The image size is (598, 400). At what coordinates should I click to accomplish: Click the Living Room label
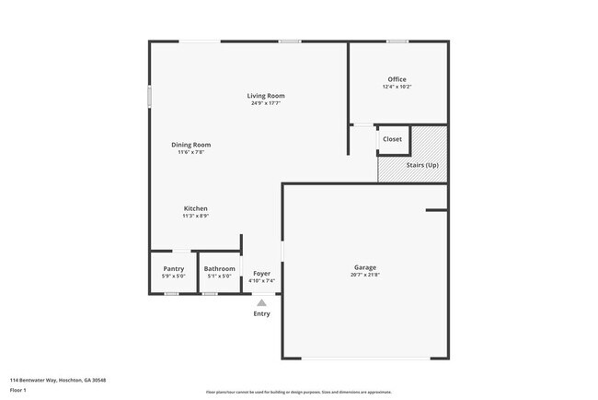[x=265, y=96]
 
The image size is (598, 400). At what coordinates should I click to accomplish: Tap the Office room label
[x=397, y=79]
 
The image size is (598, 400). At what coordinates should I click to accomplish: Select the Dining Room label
[x=191, y=145]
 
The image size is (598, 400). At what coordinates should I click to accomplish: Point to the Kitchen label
[x=195, y=209]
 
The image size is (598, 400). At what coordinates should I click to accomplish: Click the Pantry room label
[x=173, y=269]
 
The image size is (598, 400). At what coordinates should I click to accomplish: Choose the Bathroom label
[x=219, y=269]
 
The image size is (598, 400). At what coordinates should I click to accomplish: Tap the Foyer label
[x=261, y=274]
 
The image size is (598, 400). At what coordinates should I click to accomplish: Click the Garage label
[x=364, y=268]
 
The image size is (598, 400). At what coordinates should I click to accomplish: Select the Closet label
[x=393, y=139]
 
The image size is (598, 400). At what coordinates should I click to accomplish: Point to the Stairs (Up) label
[x=422, y=164]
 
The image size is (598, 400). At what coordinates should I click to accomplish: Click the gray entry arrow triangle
[x=261, y=302]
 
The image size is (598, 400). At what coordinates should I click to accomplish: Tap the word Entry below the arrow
[x=262, y=314]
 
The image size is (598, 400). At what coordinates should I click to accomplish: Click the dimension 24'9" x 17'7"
[x=265, y=103]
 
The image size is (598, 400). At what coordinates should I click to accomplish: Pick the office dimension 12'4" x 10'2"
[x=397, y=87]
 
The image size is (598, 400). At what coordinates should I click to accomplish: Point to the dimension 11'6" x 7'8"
[x=191, y=152]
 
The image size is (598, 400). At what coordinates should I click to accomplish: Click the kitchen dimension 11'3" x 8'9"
[x=195, y=217]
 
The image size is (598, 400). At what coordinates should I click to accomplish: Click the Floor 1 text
[x=18, y=390]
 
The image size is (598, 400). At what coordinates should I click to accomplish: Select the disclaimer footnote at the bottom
[x=299, y=392]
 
